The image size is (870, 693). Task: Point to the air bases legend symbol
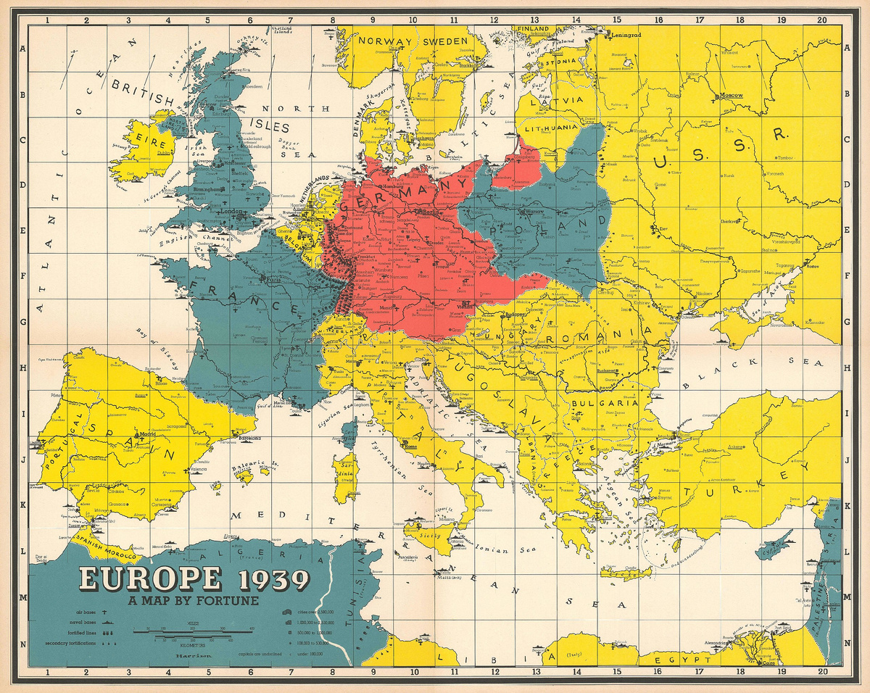[x=107, y=612]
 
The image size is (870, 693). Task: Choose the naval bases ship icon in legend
[x=107, y=622]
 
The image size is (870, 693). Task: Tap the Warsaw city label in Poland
[x=533, y=212]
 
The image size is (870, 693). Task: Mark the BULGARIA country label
[x=604, y=403]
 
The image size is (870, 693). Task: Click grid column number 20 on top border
[x=821, y=21]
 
